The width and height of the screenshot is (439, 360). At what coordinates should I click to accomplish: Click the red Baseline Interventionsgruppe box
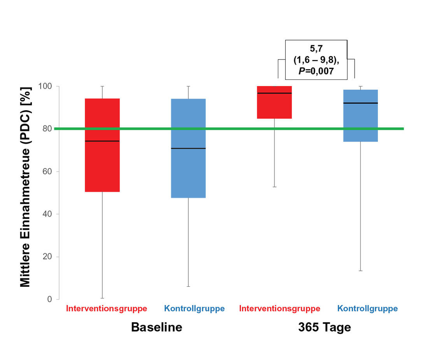click(x=102, y=164)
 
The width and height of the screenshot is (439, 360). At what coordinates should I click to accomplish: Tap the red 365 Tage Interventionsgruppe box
click(x=274, y=105)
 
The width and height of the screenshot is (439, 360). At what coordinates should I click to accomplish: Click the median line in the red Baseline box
click(x=102, y=141)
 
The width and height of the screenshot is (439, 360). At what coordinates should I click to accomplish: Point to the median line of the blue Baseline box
click(x=188, y=148)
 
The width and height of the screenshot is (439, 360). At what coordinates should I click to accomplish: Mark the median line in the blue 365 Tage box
click(x=360, y=103)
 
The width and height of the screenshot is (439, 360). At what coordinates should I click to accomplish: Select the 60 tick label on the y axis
click(x=47, y=171)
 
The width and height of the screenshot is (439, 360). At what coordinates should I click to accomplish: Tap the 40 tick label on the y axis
click(x=47, y=214)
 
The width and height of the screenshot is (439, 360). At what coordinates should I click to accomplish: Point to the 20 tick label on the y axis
click(x=47, y=257)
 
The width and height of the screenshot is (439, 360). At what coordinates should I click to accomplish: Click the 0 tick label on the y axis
click(x=49, y=299)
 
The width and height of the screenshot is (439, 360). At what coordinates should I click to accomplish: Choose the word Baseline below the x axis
click(x=156, y=327)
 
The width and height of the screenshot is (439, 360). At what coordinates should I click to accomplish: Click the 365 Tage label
click(x=325, y=327)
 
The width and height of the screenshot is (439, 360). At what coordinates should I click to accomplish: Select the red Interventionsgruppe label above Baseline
click(x=107, y=309)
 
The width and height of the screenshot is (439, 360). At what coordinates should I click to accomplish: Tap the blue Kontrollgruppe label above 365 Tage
click(x=367, y=309)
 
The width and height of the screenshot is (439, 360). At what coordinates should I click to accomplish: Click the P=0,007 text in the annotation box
click(x=316, y=71)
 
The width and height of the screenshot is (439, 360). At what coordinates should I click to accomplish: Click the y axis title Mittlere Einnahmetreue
click(x=25, y=187)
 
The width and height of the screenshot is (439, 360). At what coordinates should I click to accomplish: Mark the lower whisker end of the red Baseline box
click(x=102, y=298)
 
